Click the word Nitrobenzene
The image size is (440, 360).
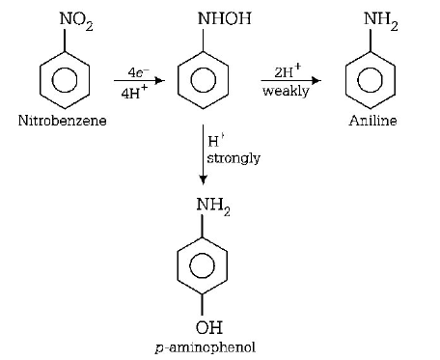pos(63,122)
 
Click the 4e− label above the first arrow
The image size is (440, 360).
pos(126,71)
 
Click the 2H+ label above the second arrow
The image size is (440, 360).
pos(288,70)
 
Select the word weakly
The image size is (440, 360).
pos(286,91)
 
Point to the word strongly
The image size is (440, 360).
pos(234,157)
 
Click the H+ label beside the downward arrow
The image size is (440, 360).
pos(212,140)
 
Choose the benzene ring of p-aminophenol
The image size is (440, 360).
pos(203,263)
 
